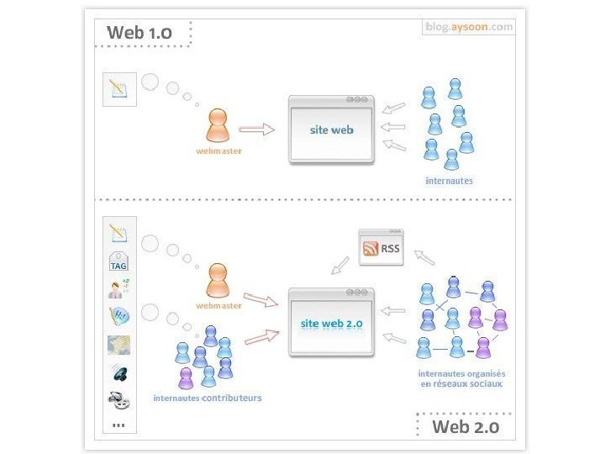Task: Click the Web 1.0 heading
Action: (x=139, y=33)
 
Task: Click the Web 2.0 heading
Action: (x=465, y=426)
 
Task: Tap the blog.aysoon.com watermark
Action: (x=469, y=27)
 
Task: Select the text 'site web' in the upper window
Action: (x=331, y=130)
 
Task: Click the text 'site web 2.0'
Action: (x=331, y=322)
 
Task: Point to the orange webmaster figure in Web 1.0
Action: (x=218, y=126)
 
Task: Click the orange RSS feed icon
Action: (x=371, y=249)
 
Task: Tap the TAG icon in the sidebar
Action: (x=118, y=261)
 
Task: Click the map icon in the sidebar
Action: (x=118, y=345)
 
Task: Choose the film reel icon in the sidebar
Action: (x=118, y=400)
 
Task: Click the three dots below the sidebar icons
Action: (x=118, y=424)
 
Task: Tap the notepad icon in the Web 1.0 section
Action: (x=118, y=88)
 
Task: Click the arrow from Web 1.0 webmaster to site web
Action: (x=256, y=129)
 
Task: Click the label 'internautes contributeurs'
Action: (x=207, y=398)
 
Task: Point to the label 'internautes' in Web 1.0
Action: (x=449, y=181)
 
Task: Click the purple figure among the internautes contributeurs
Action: (x=185, y=377)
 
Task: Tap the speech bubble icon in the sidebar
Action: (x=118, y=317)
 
